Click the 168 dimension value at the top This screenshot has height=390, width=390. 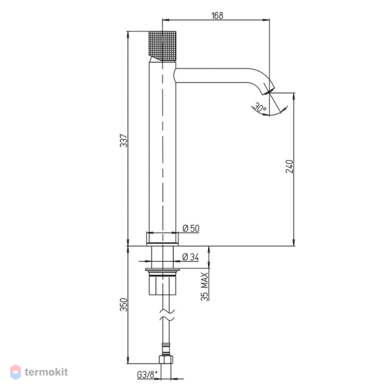[x=217, y=15]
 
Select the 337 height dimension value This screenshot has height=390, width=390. [x=123, y=141]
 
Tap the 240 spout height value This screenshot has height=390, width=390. [x=289, y=166]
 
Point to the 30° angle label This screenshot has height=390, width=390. [x=260, y=108]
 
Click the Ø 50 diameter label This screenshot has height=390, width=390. [x=191, y=228]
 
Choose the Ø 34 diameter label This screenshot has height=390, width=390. [x=191, y=257]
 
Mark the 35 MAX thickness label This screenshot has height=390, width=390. [x=205, y=287]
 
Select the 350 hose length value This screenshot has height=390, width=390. [x=123, y=304]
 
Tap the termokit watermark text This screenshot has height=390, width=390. [x=46, y=372]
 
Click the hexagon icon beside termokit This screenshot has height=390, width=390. [x=15, y=372]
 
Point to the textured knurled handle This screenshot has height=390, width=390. [x=162, y=46]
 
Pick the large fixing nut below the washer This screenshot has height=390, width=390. [x=162, y=285]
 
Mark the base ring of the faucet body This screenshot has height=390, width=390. [x=162, y=239]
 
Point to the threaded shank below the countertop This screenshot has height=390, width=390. [x=162, y=257]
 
